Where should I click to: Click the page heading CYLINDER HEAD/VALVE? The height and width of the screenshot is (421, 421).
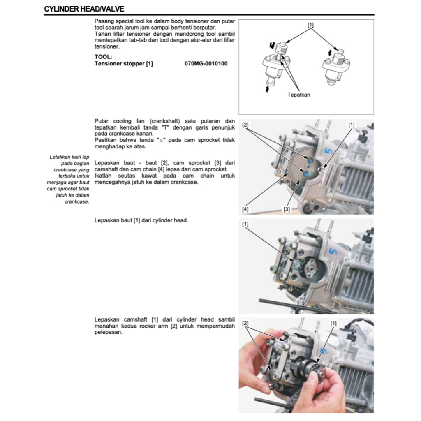coord(84,9)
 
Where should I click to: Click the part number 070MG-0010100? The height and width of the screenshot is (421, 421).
coord(206,64)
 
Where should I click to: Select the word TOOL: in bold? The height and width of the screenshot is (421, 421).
coord(103,57)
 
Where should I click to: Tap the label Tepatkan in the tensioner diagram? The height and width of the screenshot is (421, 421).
coord(298,95)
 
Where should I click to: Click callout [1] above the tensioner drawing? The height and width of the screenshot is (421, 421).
coord(310,25)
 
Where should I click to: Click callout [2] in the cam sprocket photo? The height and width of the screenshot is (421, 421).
coord(245,124)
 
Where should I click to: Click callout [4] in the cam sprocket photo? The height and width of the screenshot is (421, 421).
coord(245,209)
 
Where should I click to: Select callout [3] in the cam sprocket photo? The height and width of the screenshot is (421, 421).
coord(287,209)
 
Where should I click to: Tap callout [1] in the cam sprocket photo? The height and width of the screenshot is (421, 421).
coord(352,124)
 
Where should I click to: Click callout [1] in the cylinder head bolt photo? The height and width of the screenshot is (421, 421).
coord(245,224)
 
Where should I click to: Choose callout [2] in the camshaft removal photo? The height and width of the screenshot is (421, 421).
coord(245,323)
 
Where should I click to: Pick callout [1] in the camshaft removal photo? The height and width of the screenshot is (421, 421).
coord(333,323)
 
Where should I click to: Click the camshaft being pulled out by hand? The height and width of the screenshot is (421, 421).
coord(306,365)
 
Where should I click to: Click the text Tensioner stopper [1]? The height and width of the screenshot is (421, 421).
coord(124,64)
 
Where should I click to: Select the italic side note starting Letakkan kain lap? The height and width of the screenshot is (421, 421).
coord(69,179)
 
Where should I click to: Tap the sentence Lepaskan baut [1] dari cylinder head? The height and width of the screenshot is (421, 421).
coord(141,220)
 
